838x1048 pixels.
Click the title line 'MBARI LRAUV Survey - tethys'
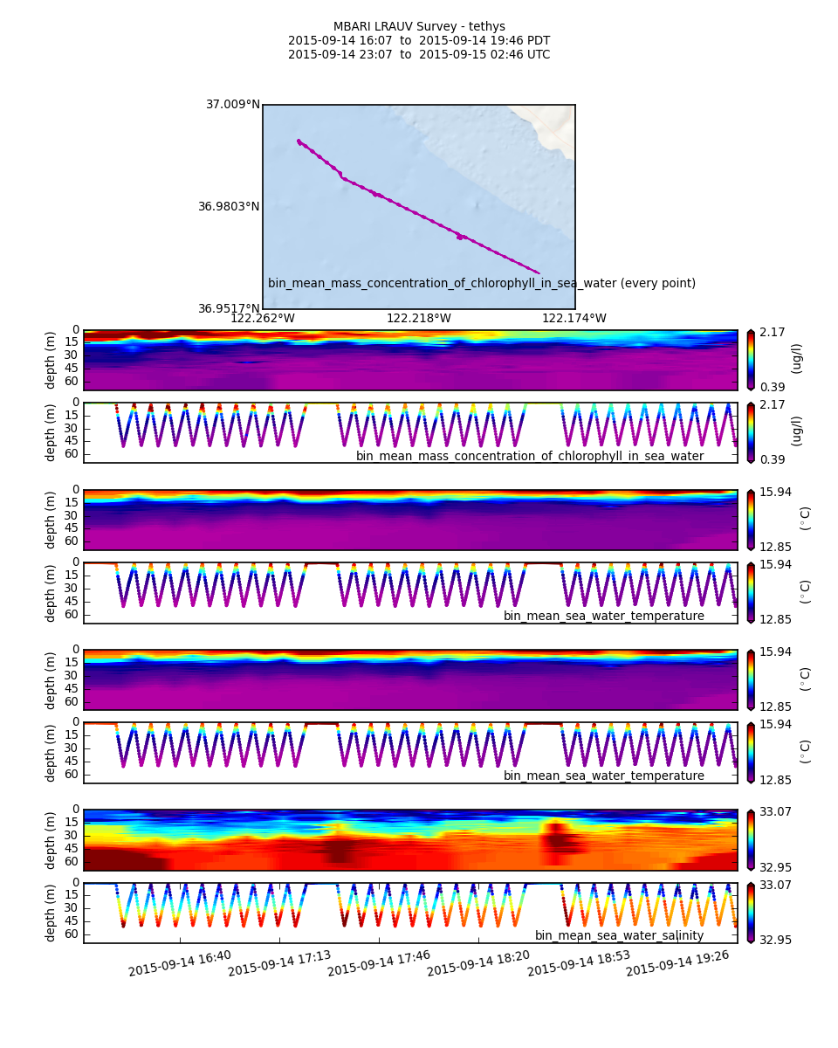pos(419,27)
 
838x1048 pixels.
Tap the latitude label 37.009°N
pos(233,105)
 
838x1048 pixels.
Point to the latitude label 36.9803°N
pos(229,207)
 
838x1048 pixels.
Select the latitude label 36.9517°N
pos(229,308)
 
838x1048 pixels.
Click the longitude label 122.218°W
pos(419,319)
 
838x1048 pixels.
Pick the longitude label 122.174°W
pos(574,319)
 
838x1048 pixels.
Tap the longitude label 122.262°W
pos(263,319)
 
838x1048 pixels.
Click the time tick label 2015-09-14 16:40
pos(180,963)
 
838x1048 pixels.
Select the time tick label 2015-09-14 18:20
pos(478,963)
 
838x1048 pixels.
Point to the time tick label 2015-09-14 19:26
pos(677,963)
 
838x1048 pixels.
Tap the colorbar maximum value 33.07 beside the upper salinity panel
pos(774,811)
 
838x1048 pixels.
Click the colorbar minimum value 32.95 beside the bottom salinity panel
pos(774,940)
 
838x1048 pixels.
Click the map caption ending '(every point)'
pos(482,283)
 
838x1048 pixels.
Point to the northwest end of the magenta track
pos(299,141)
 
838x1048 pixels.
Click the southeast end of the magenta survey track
pos(539,272)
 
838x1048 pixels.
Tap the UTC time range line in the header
pos(419,55)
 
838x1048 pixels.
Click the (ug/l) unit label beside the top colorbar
pos(796,358)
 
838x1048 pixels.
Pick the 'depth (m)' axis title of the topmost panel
pos(51,359)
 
